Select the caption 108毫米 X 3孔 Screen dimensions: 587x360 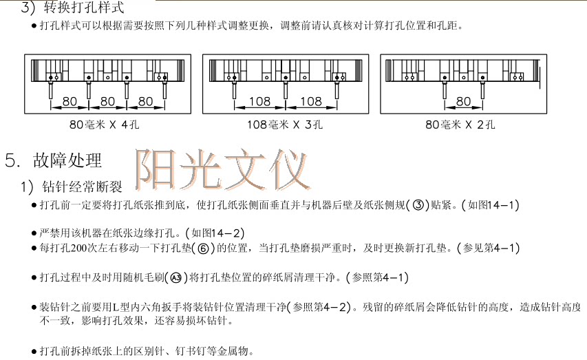click(285, 125)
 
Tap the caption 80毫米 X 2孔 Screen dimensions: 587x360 click(461, 125)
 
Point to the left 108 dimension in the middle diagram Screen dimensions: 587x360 click(259, 101)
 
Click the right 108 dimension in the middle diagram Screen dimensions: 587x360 click(311, 101)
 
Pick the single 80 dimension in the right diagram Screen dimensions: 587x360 click(463, 101)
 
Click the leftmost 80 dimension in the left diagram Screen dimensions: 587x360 click(70, 101)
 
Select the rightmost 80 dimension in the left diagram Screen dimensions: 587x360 click(145, 101)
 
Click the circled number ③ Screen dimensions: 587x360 click(417, 205)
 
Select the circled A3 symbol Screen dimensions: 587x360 click(177, 277)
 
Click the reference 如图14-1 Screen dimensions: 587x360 click(491, 205)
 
